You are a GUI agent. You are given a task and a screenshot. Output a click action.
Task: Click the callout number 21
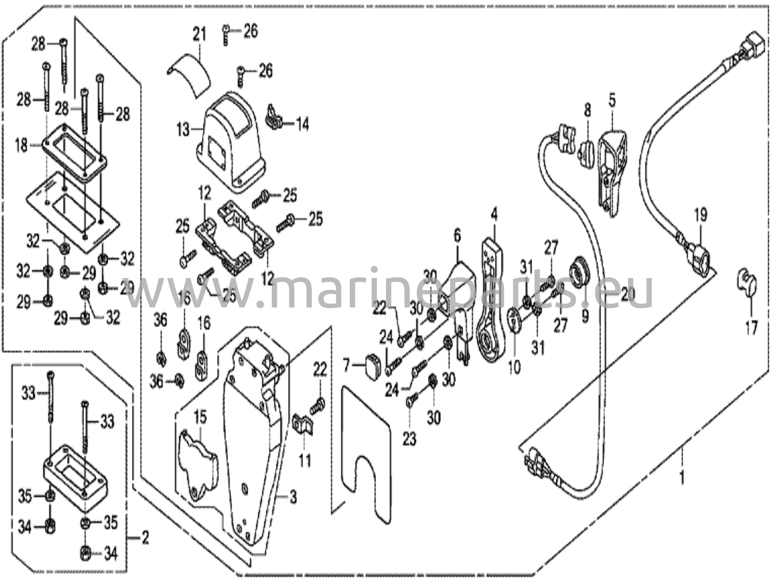click(199, 35)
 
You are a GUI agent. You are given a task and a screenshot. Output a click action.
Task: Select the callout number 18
click(21, 145)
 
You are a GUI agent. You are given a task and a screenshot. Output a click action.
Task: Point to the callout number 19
click(701, 216)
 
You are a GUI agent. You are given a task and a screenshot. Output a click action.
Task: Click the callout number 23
click(409, 439)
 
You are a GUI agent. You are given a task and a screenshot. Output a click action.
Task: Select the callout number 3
click(293, 497)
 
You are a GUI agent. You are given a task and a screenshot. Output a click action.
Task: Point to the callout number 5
click(612, 101)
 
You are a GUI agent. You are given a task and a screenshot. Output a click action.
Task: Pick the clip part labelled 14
click(274, 117)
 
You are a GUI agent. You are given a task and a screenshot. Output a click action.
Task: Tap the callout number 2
click(145, 538)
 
